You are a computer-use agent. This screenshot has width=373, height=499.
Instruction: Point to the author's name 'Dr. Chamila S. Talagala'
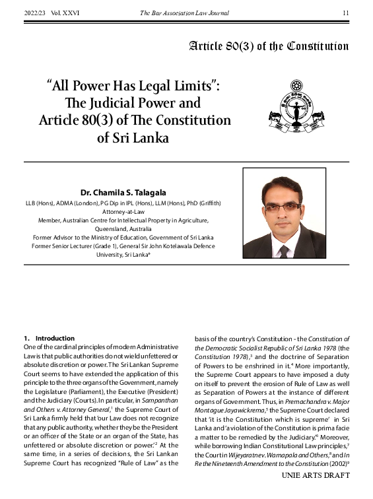(x=123, y=192)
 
